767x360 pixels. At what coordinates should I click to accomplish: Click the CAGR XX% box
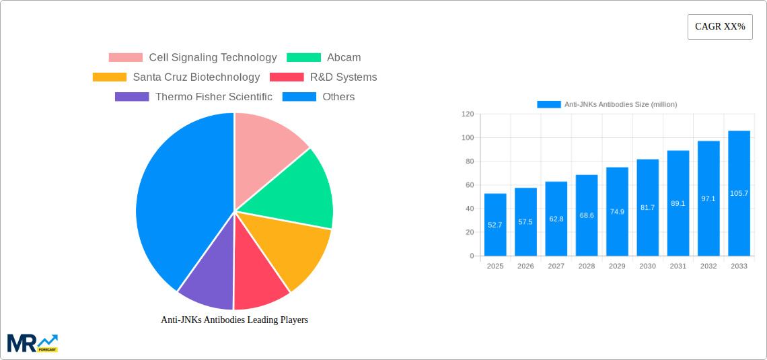pyautogui.click(x=719, y=27)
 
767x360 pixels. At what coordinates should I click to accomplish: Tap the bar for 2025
pyautogui.click(x=495, y=225)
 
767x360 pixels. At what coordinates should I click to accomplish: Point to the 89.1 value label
pyautogui.click(x=678, y=203)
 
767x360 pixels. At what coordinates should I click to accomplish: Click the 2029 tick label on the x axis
pyautogui.click(x=617, y=266)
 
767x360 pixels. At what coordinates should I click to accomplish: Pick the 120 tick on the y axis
pyautogui.click(x=467, y=114)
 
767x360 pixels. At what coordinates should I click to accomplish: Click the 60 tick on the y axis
pyautogui.click(x=468, y=185)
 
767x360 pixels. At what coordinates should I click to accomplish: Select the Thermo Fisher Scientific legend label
pyautogui.click(x=213, y=97)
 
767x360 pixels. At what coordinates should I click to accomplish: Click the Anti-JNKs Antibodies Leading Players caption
pyautogui.click(x=234, y=320)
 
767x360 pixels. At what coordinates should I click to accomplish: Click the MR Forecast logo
pyautogui.click(x=32, y=343)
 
